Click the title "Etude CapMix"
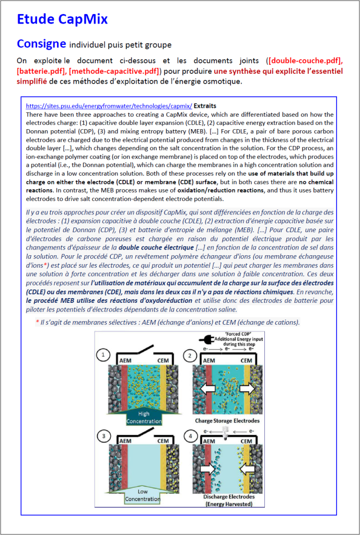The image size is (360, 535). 62,20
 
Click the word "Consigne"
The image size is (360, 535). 41,43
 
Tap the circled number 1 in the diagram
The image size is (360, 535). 103,356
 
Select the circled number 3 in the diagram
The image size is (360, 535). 103,436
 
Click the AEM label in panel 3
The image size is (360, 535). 125,441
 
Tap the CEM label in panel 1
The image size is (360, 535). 163,360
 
